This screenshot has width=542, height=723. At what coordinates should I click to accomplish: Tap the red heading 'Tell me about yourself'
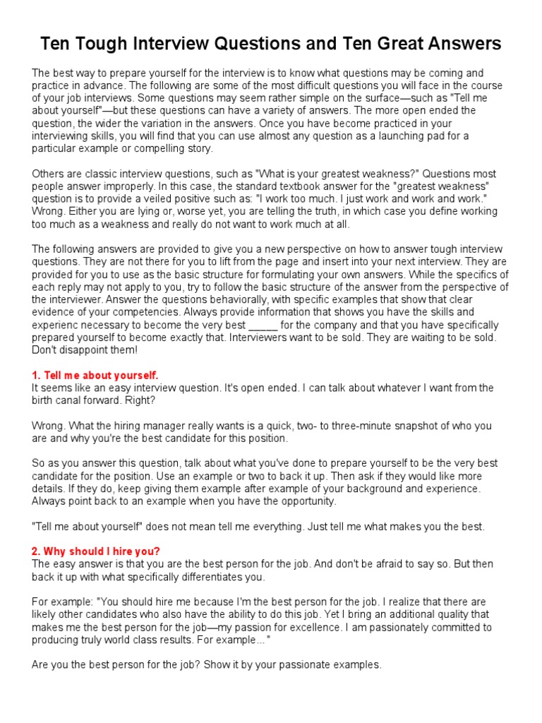coord(95,375)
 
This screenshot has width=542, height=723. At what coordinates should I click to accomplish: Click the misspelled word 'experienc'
coord(57,325)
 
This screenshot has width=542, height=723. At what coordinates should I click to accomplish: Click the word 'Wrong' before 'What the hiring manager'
coord(48,426)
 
